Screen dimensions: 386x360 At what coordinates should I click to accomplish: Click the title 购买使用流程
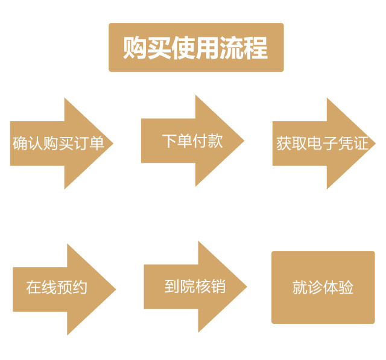point(195,48)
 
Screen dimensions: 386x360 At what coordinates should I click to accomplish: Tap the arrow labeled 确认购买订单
point(60,144)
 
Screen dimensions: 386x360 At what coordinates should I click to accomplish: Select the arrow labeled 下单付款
point(192,141)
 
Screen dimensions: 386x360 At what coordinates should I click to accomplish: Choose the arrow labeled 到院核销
point(194,286)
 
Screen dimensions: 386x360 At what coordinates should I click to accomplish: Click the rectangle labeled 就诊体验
point(323,288)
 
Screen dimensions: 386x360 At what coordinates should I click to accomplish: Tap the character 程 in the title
point(256,48)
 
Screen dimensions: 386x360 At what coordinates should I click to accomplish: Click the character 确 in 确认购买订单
point(20,144)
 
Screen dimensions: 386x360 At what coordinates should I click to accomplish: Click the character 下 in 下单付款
point(169,141)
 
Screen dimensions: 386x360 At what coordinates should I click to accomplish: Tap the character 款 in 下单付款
point(215,141)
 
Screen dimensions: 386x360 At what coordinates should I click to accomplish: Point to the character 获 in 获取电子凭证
point(284,144)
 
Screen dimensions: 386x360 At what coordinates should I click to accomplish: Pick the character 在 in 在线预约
point(34,288)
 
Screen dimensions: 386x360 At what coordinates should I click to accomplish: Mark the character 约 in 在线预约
point(80,288)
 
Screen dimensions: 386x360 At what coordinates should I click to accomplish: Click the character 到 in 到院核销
point(172,286)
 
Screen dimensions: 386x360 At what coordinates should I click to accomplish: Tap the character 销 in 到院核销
point(218,286)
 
